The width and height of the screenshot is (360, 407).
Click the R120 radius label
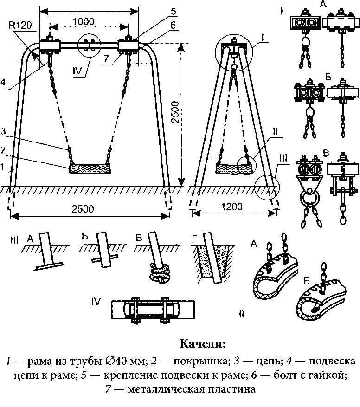tap(20, 25)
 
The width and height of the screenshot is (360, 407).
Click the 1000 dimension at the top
tap(84, 21)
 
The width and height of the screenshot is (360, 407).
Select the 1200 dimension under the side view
tap(232, 207)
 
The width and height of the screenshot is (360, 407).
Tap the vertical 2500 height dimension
tap(175, 112)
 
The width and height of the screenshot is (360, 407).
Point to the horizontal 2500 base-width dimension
tap(83, 209)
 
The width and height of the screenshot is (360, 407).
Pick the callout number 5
tap(174, 11)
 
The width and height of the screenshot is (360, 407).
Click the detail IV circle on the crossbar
tap(89, 45)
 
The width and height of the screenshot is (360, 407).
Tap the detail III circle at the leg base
tap(267, 187)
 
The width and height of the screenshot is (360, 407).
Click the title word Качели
tap(203, 343)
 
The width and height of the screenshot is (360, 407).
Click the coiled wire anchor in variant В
tap(160, 273)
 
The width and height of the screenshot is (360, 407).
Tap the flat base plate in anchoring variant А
tap(49, 266)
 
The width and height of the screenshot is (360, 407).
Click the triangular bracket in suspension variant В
tap(309, 183)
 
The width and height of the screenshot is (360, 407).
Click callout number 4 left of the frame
tap(3, 82)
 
